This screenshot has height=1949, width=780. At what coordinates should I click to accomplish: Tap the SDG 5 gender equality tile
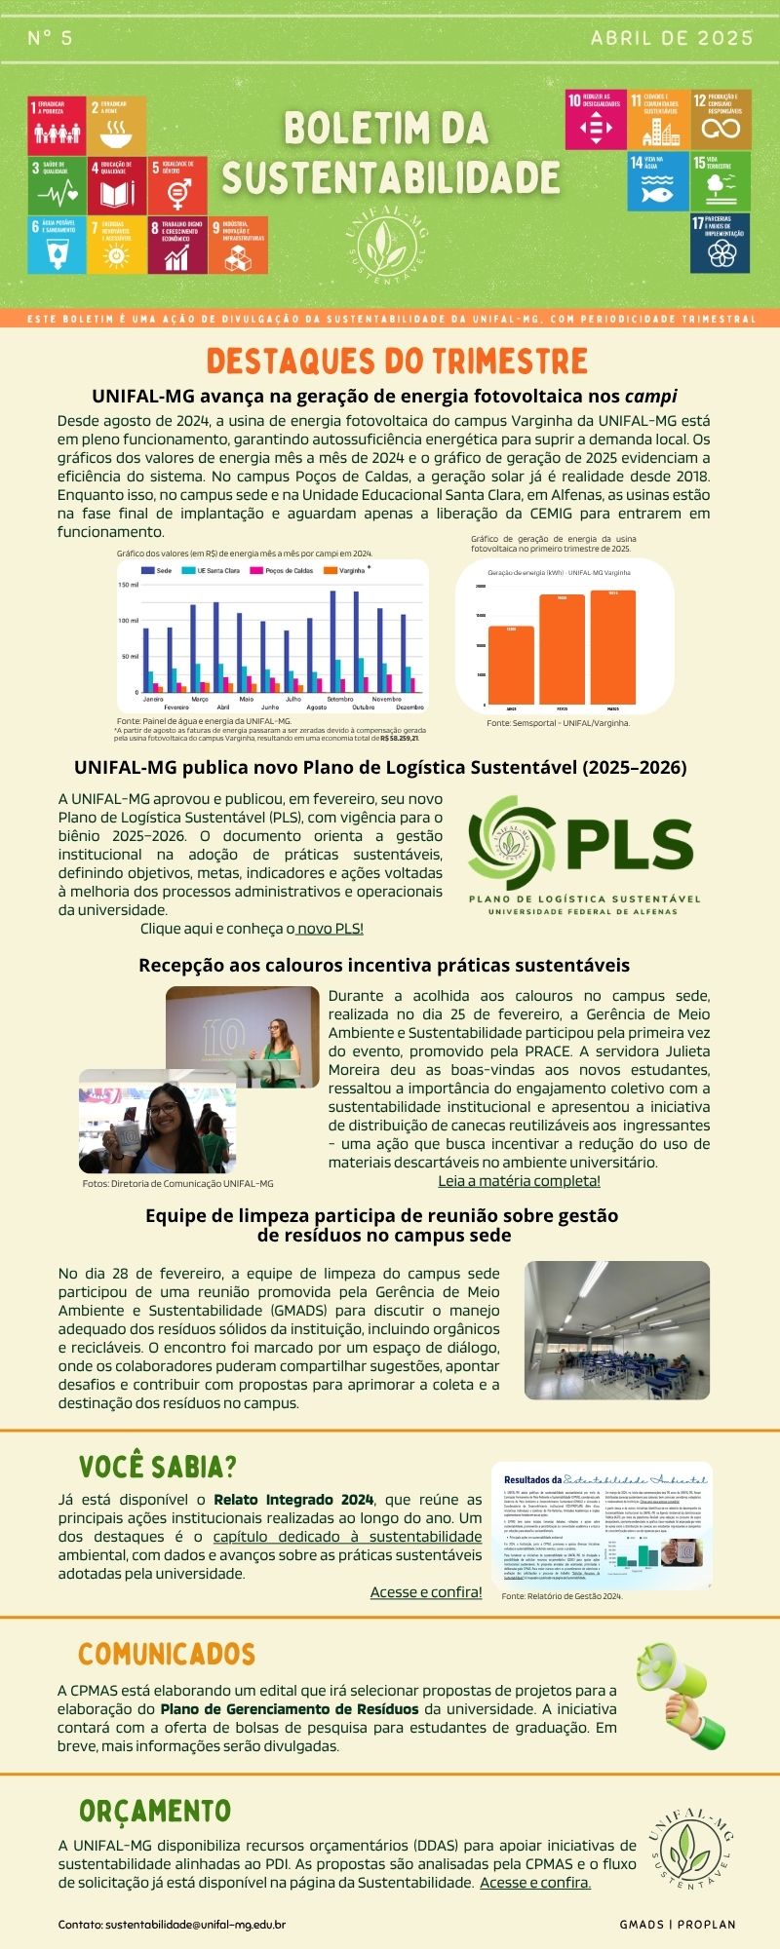[x=177, y=184]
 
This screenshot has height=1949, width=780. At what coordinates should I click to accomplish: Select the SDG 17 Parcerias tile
[x=720, y=243]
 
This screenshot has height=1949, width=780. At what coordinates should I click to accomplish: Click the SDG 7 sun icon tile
[x=116, y=245]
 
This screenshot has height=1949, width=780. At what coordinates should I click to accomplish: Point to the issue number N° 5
[x=50, y=38]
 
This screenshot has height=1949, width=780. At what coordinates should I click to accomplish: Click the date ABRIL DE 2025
[x=672, y=38]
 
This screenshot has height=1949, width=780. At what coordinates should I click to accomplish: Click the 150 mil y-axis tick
[x=129, y=585]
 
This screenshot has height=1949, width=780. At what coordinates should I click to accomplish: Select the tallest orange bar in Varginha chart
[x=612, y=647]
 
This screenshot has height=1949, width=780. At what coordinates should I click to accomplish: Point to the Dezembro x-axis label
[x=409, y=707]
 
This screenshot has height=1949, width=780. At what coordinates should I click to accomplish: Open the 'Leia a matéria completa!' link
[x=519, y=1181]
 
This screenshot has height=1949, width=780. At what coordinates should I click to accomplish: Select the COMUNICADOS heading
[x=167, y=1626]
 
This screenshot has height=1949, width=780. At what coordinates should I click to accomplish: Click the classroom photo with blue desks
[x=616, y=1329]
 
